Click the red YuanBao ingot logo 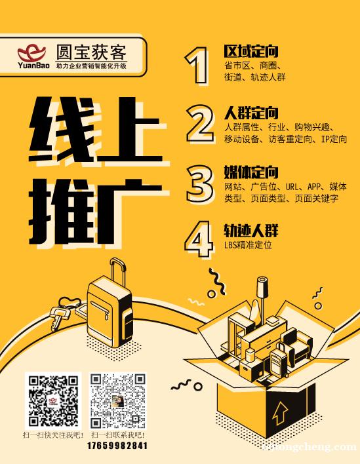(32, 52)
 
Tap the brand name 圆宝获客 (91, 52)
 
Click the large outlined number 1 (197, 66)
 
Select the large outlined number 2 (200, 125)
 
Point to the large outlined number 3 (200, 184)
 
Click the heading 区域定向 (251, 51)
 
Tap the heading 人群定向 (251, 113)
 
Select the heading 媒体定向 (251, 172)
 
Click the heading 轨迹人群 (251, 231)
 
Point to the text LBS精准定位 (248, 245)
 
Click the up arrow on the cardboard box (280, 413)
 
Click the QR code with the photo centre (118, 401)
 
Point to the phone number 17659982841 (117, 446)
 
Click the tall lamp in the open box (262, 299)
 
